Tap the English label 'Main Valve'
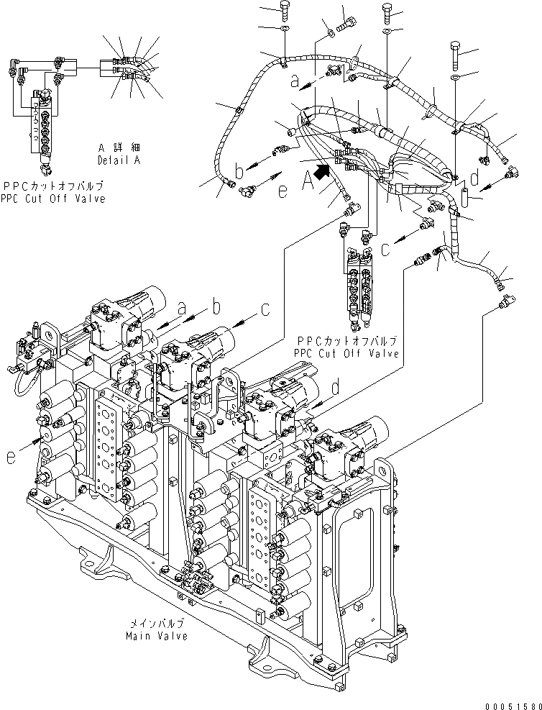coord(156,636)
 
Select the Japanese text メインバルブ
coord(156,624)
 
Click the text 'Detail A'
coord(119,160)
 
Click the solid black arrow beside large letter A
coord(321,171)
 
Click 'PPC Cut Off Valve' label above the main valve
coord(346,353)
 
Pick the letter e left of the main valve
coord(11,456)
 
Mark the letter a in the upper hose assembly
coord(293,82)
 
